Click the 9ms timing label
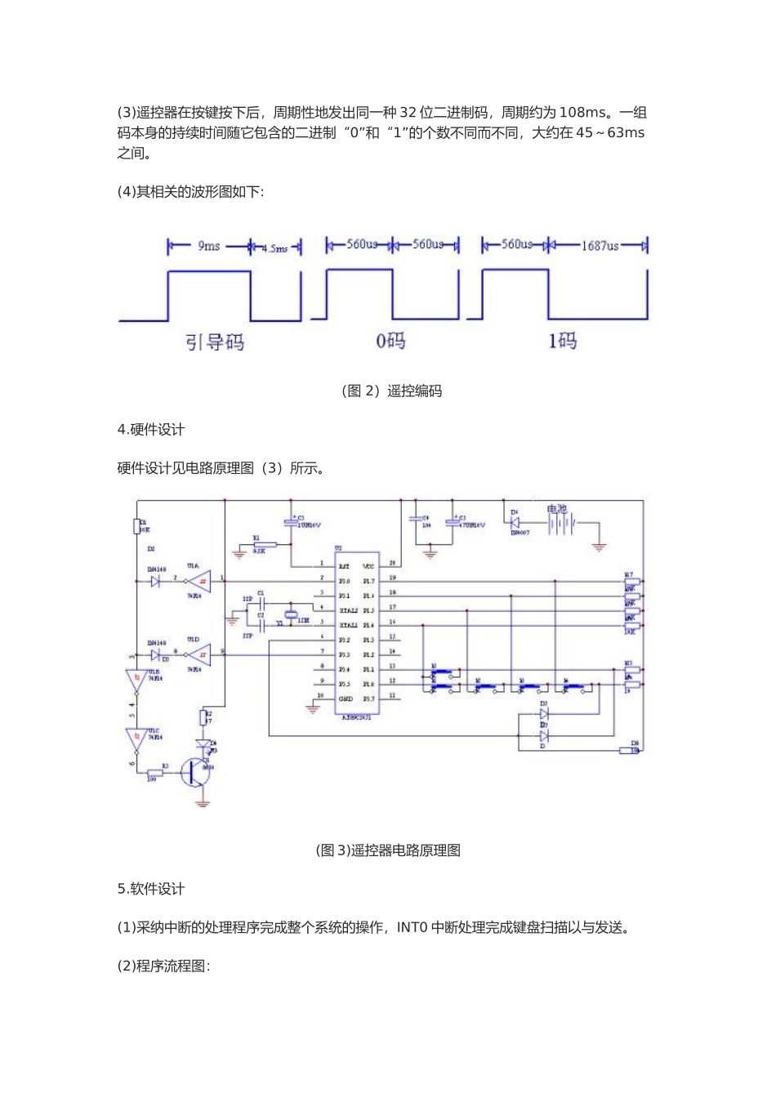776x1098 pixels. (208, 246)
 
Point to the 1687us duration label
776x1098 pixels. (600, 245)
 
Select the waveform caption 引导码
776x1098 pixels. (215, 341)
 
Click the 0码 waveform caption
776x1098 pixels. (390, 341)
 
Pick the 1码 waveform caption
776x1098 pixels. (562, 340)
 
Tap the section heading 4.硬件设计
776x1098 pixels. (151, 430)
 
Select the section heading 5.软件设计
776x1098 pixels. (151, 889)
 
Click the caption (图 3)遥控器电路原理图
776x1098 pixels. (388, 850)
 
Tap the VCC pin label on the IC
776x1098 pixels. (368, 565)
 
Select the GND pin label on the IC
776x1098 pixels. (346, 699)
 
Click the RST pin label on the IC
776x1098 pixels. (345, 565)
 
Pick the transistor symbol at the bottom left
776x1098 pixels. (196, 771)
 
